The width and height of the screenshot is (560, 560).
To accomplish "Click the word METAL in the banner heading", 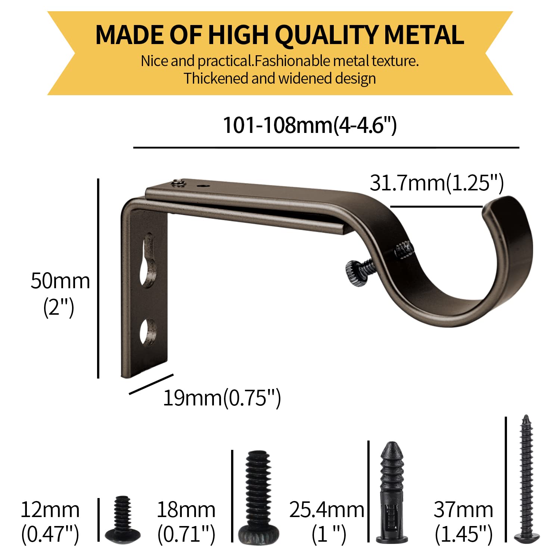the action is [424, 35].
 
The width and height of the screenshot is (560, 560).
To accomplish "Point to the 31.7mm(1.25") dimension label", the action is [437, 183].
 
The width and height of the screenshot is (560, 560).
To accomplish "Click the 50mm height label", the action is [60, 281].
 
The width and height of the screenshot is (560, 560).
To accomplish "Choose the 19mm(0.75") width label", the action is [222, 398].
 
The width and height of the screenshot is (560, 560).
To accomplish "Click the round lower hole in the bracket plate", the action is [148, 331].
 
